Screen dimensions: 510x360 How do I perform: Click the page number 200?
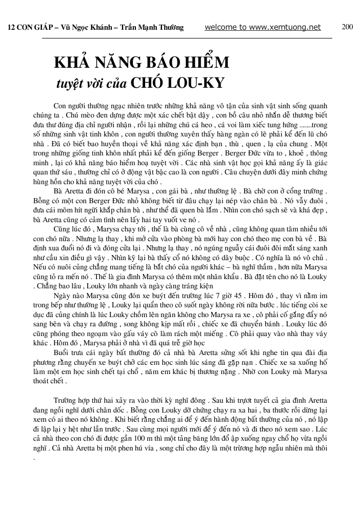pyautogui.click(x=347, y=27)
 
